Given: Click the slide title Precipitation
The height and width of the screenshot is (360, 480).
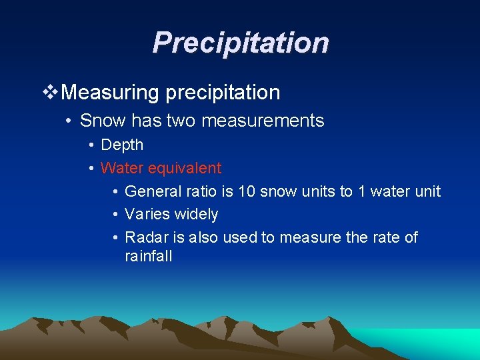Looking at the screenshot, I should (240, 42).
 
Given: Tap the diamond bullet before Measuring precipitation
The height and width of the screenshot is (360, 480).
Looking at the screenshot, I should (50, 93).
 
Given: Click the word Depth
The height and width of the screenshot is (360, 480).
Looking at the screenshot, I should (122, 145).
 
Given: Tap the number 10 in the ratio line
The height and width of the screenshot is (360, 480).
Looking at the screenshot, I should (246, 191).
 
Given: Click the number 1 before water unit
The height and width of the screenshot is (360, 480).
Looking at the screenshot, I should (362, 191).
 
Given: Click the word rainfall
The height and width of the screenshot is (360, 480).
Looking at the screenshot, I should (148, 256).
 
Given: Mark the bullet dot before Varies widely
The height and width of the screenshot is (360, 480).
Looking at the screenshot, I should (115, 215).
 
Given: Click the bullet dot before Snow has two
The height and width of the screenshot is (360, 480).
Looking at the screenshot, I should (69, 121).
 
